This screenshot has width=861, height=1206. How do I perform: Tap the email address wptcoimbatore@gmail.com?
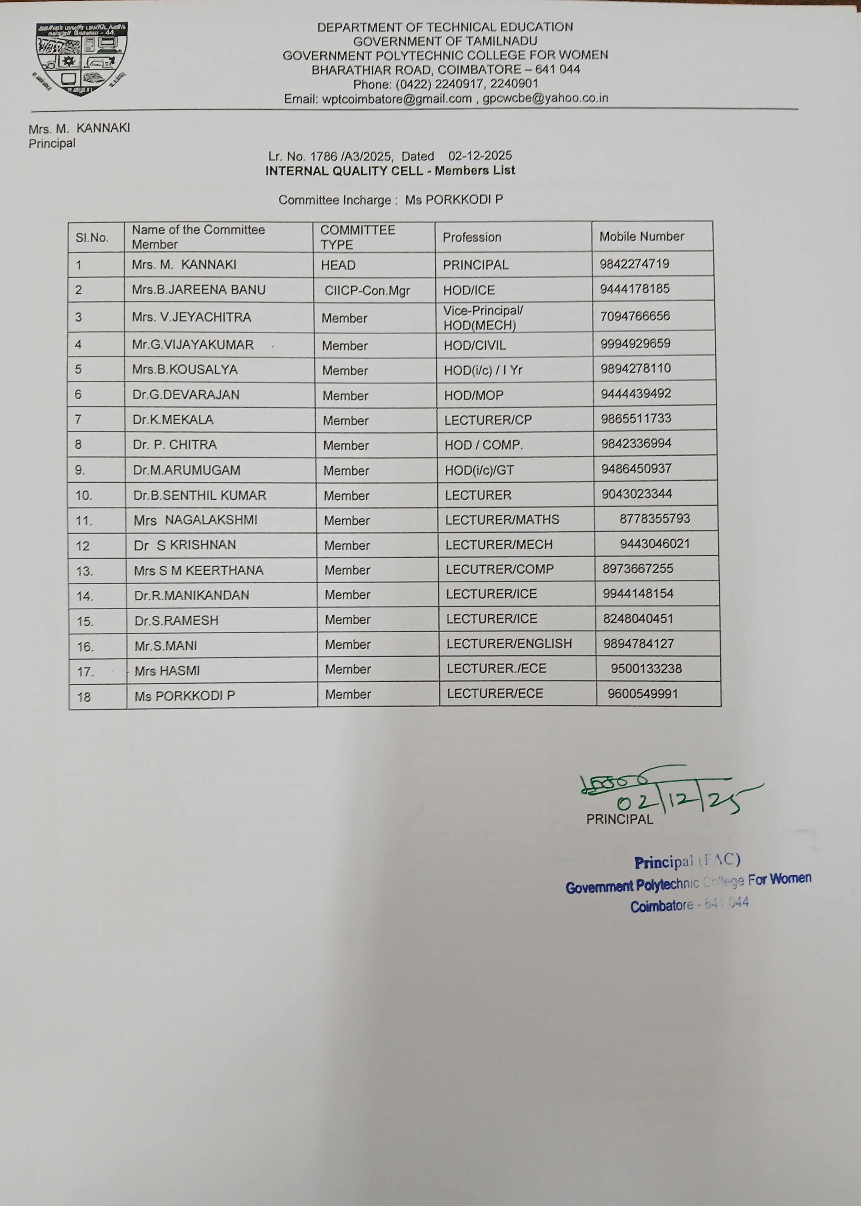coord(377,99)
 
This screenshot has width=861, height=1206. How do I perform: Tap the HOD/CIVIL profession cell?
coord(475,345)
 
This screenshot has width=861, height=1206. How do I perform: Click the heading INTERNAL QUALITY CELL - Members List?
coord(390,171)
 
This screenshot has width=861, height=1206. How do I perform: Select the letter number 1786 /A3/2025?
coord(351,157)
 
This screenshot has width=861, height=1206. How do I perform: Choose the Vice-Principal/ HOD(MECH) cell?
coord(482,318)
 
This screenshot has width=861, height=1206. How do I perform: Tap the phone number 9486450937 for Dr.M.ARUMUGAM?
coord(636,469)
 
